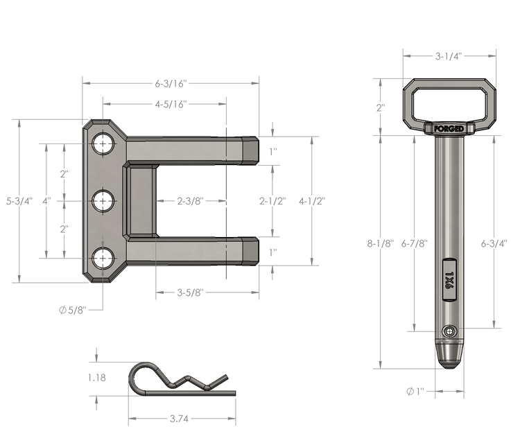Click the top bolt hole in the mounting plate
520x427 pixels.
[103, 144]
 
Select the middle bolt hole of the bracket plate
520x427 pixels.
[103, 201]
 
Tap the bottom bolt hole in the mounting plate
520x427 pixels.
[103, 258]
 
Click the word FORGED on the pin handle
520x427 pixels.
[449, 128]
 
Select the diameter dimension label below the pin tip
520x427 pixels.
[414, 392]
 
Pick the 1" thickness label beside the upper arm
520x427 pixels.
[272, 150]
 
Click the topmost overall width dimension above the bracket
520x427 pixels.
[171, 82]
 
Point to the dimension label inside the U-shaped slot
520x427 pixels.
[189, 202]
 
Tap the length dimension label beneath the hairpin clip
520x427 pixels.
[183, 418]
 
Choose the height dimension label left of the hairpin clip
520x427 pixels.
[97, 378]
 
